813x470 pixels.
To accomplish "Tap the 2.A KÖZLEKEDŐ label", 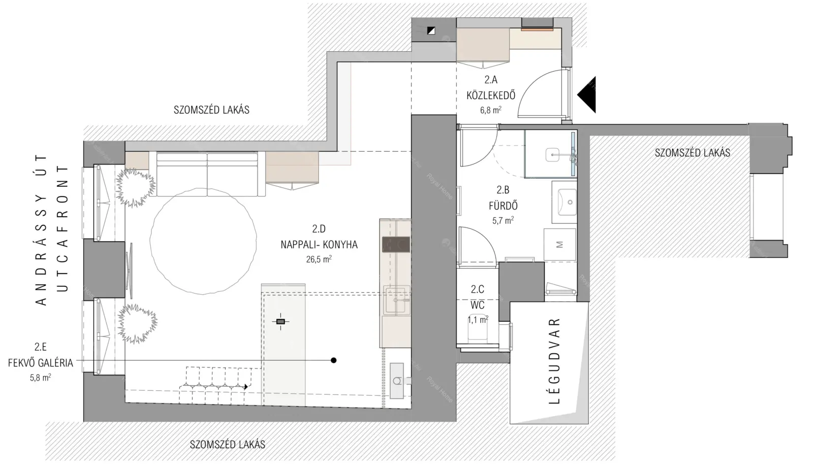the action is click(491, 88).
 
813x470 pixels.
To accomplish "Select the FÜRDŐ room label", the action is click(503, 206).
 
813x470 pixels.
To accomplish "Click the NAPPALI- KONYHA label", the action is click(319, 245).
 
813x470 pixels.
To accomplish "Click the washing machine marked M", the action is click(559, 245).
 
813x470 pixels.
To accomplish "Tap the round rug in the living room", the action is click(203, 241).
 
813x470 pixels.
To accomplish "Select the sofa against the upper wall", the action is click(208, 174).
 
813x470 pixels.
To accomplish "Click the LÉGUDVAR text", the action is click(555, 361).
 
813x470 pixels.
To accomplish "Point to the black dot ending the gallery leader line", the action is click(333, 360).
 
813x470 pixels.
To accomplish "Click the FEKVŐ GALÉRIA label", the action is click(41, 363).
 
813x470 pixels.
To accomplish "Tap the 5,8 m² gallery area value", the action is click(40, 378).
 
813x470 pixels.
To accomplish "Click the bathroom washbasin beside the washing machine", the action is click(565, 202).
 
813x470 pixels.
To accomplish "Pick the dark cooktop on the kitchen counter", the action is click(396, 245).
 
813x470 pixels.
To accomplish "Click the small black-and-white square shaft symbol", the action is click(431, 31).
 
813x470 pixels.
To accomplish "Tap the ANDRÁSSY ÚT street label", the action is click(42, 230).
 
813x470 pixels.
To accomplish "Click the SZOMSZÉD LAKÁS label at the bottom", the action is click(228, 444).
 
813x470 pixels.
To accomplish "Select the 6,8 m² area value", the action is click(491, 110).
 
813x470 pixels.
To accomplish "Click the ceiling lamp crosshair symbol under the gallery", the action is click(280, 321).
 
